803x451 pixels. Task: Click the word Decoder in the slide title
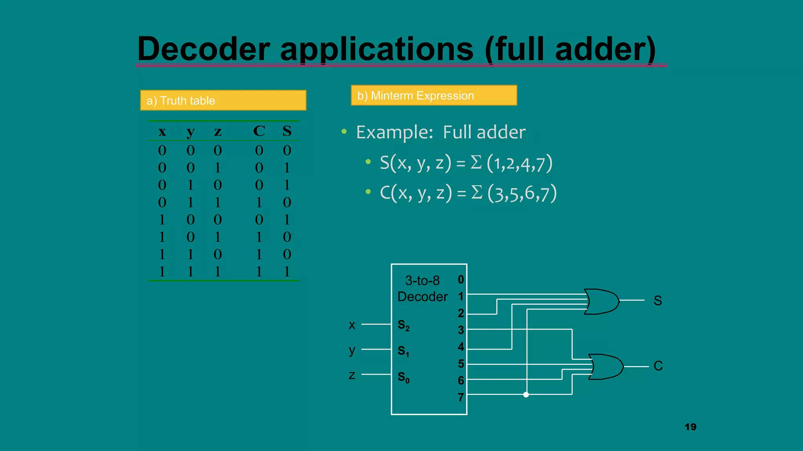(203, 49)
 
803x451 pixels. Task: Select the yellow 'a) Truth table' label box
(223, 101)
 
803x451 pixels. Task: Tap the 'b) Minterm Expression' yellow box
(434, 96)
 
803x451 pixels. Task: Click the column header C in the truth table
(259, 131)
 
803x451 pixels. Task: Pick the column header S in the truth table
(287, 131)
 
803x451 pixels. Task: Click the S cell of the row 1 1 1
(287, 272)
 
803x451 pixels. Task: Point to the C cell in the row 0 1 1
(259, 202)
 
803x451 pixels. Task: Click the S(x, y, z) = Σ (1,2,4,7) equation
(466, 163)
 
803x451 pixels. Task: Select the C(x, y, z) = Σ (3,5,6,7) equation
(468, 193)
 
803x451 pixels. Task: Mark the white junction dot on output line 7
(526, 395)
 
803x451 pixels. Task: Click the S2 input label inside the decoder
(403, 325)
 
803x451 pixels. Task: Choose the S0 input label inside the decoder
(403, 377)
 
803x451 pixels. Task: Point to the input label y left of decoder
(352, 350)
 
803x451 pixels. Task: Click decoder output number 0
(461, 280)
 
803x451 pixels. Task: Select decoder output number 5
(461, 364)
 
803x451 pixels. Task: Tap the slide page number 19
(690, 427)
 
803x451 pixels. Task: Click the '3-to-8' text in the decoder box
(422, 281)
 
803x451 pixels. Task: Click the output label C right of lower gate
(658, 366)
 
